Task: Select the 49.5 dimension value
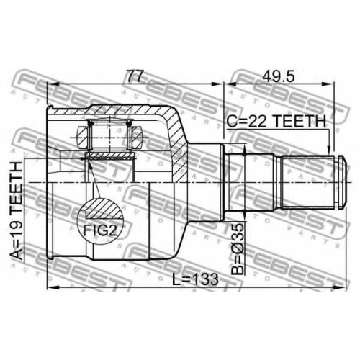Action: tap(278, 76)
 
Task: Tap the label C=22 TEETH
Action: tap(276, 121)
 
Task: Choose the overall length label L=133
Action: tap(196, 279)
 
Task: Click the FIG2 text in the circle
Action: tap(100, 230)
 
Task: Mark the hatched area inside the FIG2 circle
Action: tap(104, 208)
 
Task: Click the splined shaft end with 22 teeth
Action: tap(308, 182)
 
